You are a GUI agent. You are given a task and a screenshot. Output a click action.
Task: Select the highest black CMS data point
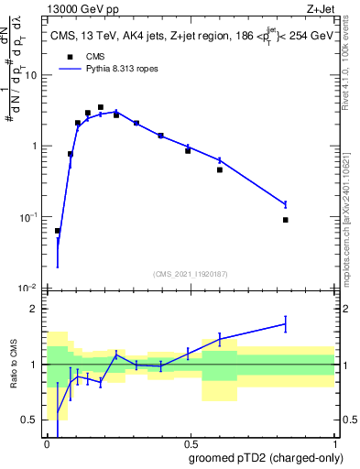pos(101,107)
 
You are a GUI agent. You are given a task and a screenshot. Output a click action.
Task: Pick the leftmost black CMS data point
pos(58,231)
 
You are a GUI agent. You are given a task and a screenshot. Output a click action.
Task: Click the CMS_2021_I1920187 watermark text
pos(190,273)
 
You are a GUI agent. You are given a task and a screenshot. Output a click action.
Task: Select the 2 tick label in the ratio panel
pos(37,309)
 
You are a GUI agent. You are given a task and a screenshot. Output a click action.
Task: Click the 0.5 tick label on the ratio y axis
pos(33,420)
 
